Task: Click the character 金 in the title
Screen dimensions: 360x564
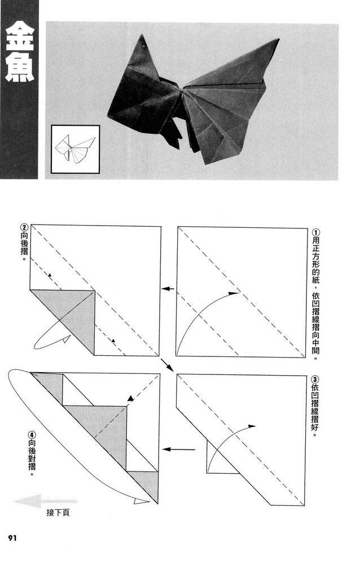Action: click(x=19, y=38)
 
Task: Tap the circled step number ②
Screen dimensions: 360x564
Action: click(x=24, y=227)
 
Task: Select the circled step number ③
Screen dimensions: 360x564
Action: click(x=315, y=380)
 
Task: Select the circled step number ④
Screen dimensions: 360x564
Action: click(x=32, y=434)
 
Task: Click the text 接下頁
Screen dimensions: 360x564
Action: click(x=58, y=512)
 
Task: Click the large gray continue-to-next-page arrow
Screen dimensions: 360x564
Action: click(x=45, y=501)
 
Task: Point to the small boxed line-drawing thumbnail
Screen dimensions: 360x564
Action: click(x=75, y=149)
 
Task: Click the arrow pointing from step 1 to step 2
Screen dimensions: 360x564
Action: click(x=168, y=288)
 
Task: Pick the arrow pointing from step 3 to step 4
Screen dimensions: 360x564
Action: click(x=178, y=450)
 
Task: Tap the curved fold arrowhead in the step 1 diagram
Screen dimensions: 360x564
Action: click(x=234, y=293)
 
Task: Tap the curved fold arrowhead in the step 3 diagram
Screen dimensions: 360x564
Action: click(x=252, y=426)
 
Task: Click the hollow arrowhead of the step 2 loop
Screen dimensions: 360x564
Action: click(x=66, y=339)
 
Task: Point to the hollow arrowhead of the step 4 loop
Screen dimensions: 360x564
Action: click(x=141, y=501)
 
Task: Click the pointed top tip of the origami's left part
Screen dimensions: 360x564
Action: click(x=142, y=34)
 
